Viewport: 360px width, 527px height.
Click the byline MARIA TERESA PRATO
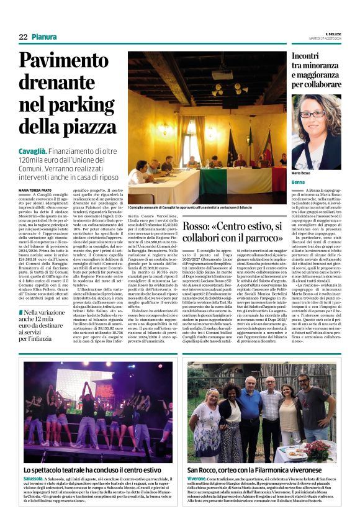coord(36,190)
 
